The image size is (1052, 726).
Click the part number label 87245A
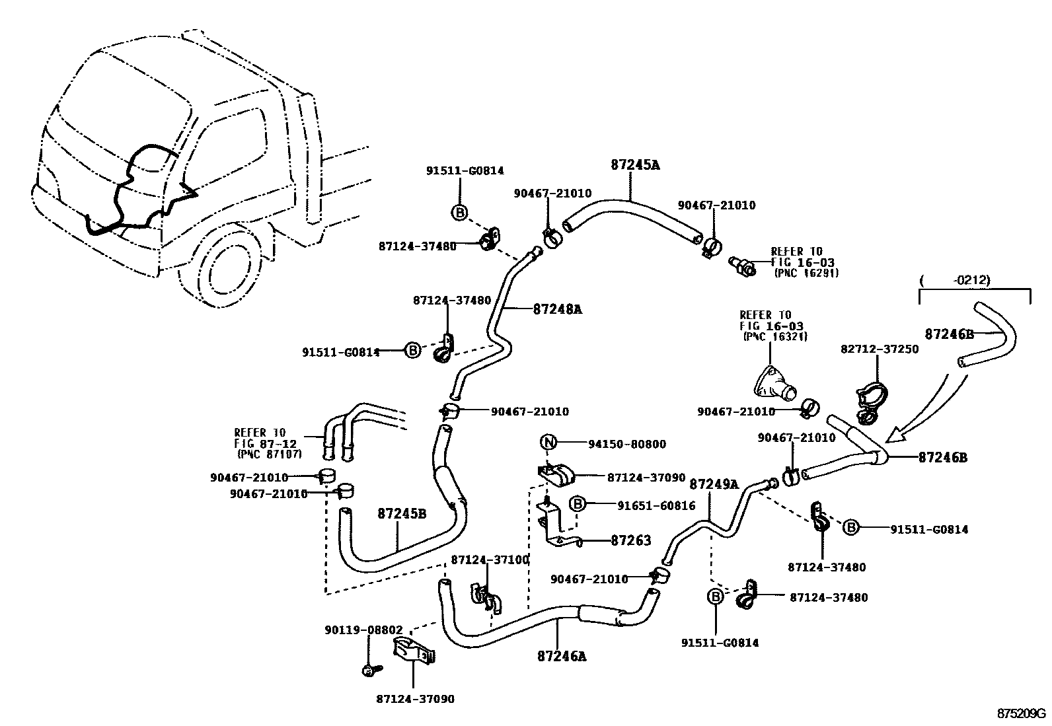tap(634, 165)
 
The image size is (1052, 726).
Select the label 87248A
tap(557, 309)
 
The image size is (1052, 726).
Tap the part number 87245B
tap(402, 513)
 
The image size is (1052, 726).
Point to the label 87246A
tap(562, 656)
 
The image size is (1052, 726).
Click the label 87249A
tap(714, 484)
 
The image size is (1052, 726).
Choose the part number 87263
tap(630, 540)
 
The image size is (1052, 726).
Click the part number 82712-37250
tap(879, 349)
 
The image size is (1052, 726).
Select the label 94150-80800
tap(627, 444)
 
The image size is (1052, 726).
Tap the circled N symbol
tap(548, 443)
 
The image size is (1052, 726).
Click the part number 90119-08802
tap(363, 630)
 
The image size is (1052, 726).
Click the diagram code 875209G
tap(1022, 713)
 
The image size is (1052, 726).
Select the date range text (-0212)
tap(971, 280)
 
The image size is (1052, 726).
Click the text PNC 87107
tap(269, 454)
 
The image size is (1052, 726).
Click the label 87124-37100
tap(490, 560)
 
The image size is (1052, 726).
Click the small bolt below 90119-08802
tap(369, 670)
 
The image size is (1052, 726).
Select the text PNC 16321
tap(775, 336)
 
